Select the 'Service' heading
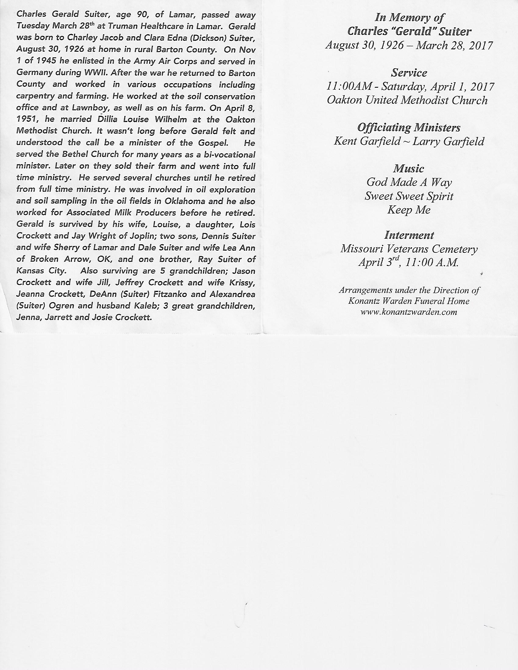(409, 73)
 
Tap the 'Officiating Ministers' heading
(409, 127)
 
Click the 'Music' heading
(409, 168)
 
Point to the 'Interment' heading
(409, 235)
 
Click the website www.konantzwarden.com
(409, 312)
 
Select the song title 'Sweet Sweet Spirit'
(409, 196)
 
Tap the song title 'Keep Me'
(409, 210)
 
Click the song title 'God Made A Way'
(409, 182)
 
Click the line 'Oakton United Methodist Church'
(407, 100)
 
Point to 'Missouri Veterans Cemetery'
(409, 249)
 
